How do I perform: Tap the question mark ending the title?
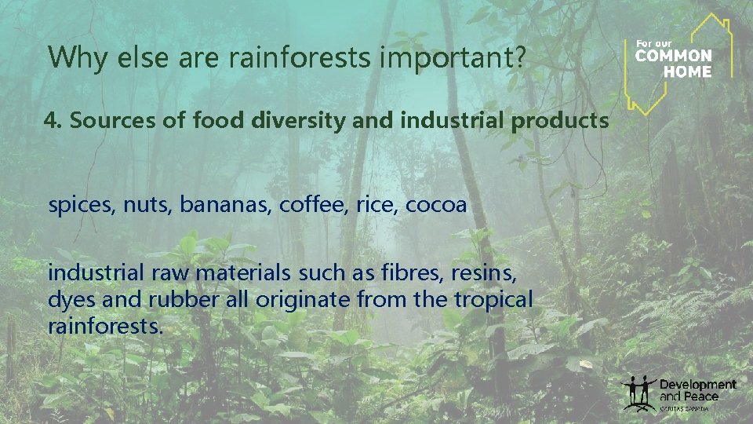pos(519,57)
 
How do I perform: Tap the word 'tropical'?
pos(493,300)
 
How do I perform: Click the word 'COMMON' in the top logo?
pos(673,57)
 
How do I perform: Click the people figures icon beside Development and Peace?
pos(638,393)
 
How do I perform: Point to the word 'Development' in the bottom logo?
pos(697,385)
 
